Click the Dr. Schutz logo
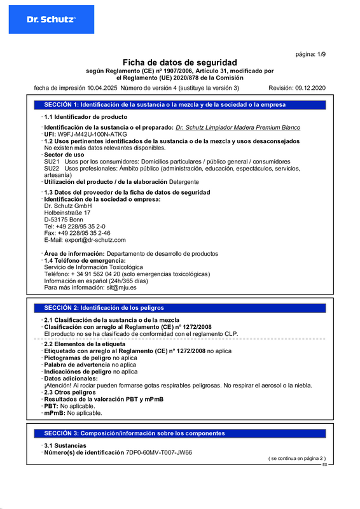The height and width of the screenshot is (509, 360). point(51,20)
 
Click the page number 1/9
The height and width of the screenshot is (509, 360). point(312,55)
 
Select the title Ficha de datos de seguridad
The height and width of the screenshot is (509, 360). point(179,62)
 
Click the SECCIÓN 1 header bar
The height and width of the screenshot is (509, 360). point(179,104)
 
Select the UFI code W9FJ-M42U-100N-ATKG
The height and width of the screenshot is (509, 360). point(83,135)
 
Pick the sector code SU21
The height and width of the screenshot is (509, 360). point(52,162)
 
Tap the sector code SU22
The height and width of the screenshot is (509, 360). point(52,168)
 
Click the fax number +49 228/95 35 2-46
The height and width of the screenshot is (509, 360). point(82,233)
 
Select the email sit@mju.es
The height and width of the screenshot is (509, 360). point(121,288)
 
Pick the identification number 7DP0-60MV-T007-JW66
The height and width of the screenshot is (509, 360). point(158,452)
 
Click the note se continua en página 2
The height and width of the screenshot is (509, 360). point(296,458)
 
